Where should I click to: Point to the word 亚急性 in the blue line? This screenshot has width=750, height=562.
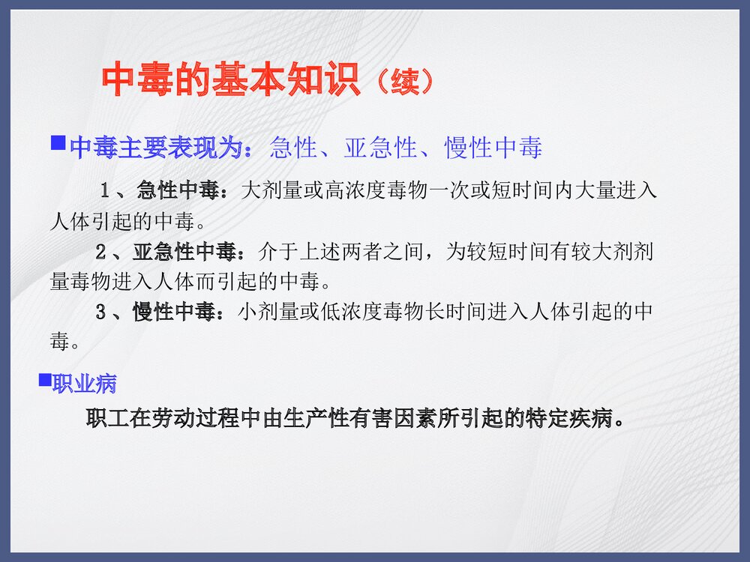380,148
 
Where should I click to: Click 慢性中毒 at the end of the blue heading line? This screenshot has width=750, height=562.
493,148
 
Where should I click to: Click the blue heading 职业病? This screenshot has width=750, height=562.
84,384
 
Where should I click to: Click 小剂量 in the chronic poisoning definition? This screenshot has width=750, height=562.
268,311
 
